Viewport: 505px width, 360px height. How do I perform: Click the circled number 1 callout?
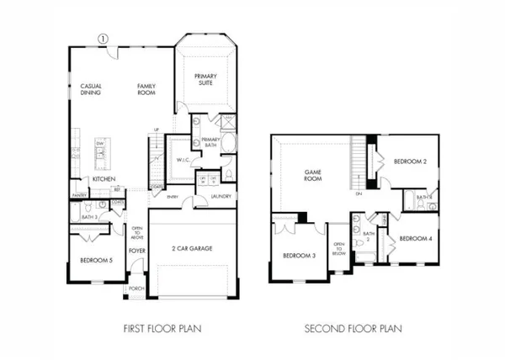coord(104,39)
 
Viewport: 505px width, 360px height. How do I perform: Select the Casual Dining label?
coord(91,89)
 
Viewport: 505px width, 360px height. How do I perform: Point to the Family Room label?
coord(150,89)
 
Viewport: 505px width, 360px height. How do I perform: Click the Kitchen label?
coord(104,179)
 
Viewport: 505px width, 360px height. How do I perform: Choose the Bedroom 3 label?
coord(298,256)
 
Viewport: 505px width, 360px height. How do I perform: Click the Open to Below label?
coord(339,249)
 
